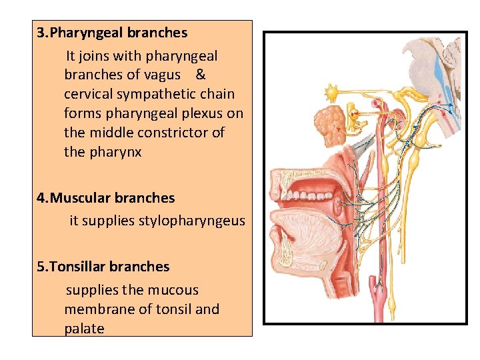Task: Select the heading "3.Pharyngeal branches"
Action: pos(112,32)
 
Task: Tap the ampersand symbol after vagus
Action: pos(201,75)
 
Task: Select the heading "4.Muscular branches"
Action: pos(106,197)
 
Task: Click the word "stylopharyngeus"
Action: pos(191,221)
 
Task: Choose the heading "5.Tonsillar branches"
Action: pos(103,266)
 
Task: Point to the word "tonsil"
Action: pos(175,309)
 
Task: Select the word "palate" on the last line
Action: pos(84,329)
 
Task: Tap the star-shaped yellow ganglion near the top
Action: pos(331,91)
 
